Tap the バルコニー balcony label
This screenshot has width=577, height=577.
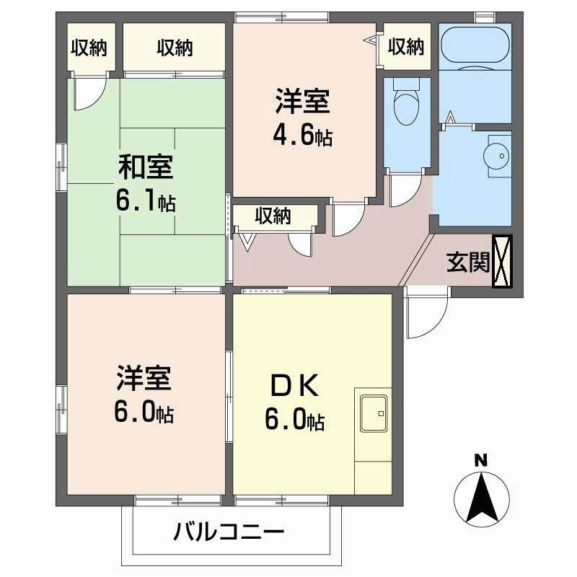point(229,534)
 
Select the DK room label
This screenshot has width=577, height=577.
point(294,387)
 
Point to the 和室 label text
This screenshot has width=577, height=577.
point(146,167)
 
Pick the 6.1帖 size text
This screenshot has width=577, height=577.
point(146,202)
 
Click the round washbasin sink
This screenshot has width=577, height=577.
point(495,154)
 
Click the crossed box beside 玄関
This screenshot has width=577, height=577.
point(503,261)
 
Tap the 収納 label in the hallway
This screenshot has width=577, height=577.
point(273,215)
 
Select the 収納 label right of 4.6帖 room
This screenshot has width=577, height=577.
point(406,47)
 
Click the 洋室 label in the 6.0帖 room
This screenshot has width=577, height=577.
point(144,378)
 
